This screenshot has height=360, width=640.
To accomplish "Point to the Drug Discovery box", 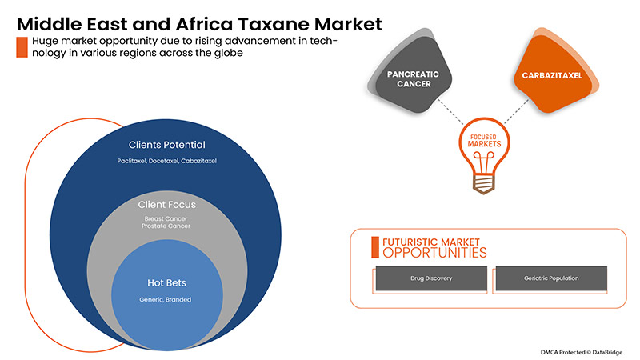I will [430, 278].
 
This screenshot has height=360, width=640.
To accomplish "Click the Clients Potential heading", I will [166, 145].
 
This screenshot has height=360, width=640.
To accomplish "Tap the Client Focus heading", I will [167, 204].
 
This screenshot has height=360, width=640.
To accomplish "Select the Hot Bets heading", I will [167, 282].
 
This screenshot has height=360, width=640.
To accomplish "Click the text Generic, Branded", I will [167, 299].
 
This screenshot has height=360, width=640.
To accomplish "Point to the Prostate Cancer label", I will [167, 226].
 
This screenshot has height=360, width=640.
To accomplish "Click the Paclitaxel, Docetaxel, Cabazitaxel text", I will [166, 161].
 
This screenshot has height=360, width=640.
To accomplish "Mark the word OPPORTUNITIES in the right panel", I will [434, 253].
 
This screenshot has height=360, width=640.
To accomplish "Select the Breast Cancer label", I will [167, 218].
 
